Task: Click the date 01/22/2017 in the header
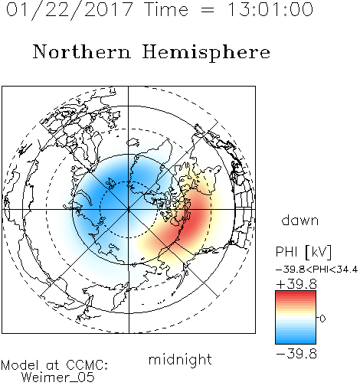[x=70, y=10]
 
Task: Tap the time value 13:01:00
[x=270, y=9]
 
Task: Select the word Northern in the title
[x=82, y=51]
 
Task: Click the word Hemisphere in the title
[x=206, y=53]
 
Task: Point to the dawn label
[x=300, y=220]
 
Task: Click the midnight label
[x=180, y=359]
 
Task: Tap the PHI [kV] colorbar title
[x=303, y=252]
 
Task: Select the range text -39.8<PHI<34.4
[x=317, y=270]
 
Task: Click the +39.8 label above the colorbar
[x=296, y=284]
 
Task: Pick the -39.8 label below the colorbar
[x=296, y=354]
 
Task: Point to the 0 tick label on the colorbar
[x=322, y=319]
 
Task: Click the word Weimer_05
[x=58, y=378]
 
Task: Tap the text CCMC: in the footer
[x=87, y=365]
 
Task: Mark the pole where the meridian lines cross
[x=129, y=210]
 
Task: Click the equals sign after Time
[x=208, y=10]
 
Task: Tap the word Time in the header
[x=166, y=9]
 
